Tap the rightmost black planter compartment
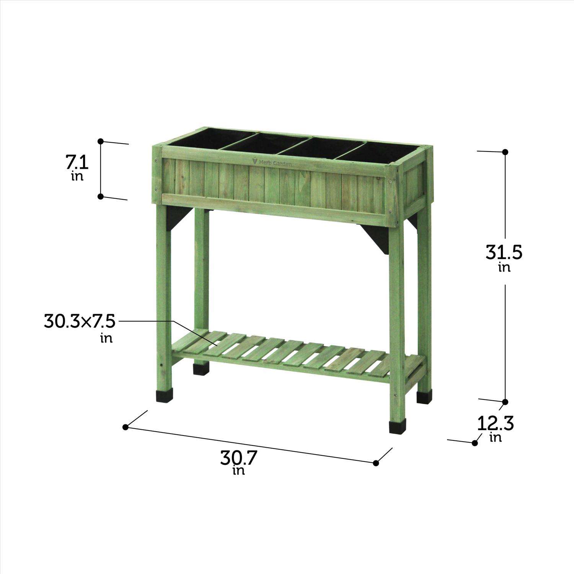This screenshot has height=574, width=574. pos(386,153)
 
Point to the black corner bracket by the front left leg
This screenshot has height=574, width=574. pos(177,219)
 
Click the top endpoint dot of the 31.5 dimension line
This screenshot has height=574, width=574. pos(505,152)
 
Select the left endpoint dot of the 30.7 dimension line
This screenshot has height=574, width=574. pos(125,427)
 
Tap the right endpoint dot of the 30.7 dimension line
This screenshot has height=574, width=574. pos(376,463)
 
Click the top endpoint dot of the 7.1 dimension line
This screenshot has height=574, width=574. pos(101,141)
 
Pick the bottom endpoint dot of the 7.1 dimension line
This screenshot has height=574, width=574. pos(101,196)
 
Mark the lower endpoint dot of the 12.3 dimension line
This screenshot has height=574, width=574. pos(475,443)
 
